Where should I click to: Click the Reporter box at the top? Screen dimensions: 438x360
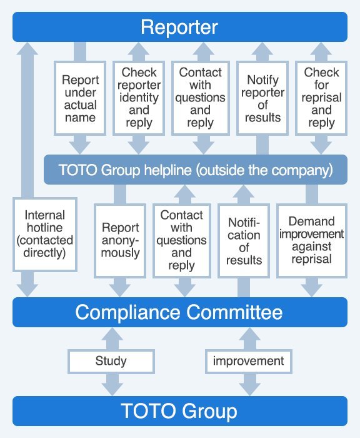179,28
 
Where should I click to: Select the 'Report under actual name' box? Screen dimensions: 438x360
79,98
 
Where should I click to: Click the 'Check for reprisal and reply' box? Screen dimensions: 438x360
321,98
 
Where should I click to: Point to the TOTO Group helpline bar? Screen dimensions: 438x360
195,170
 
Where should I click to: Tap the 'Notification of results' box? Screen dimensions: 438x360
244,240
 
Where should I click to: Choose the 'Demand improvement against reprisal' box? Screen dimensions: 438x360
311,240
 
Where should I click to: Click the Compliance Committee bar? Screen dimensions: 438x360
179,312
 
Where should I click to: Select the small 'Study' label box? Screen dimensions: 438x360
111,360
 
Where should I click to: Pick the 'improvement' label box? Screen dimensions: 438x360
248,360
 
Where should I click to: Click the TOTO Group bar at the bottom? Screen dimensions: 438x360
179,411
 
